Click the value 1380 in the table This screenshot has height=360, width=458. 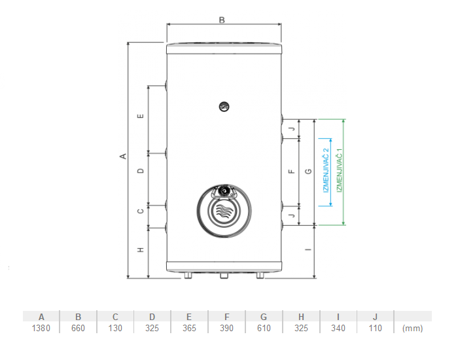point(41,328)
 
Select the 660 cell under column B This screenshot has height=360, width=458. point(78,328)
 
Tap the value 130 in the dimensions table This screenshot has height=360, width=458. point(115,328)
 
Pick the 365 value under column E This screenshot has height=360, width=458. point(189,328)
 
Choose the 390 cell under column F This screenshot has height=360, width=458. point(226,328)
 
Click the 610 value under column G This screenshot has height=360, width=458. point(264,328)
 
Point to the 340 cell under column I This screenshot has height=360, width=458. point(338,328)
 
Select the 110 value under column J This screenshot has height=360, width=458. point(375,328)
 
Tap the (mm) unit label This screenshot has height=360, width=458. point(412,329)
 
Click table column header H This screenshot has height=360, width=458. point(301,317)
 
